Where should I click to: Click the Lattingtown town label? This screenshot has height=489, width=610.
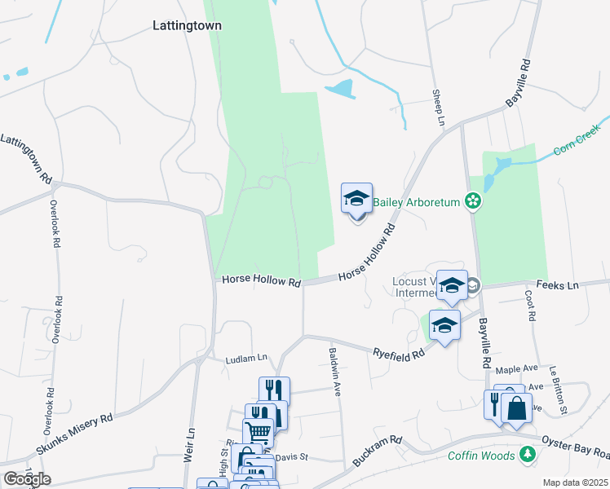point(187,25)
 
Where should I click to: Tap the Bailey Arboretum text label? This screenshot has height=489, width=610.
point(418,201)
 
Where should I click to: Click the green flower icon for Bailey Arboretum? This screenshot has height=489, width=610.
point(472,200)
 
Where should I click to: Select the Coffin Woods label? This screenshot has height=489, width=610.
point(481,456)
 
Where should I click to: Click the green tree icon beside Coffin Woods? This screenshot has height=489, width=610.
point(528,455)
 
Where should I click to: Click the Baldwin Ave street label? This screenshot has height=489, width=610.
point(334,372)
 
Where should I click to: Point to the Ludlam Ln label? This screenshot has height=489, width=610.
point(246,358)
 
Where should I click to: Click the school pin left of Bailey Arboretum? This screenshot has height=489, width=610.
point(356,199)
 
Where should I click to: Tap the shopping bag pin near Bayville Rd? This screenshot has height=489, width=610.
point(516,407)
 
